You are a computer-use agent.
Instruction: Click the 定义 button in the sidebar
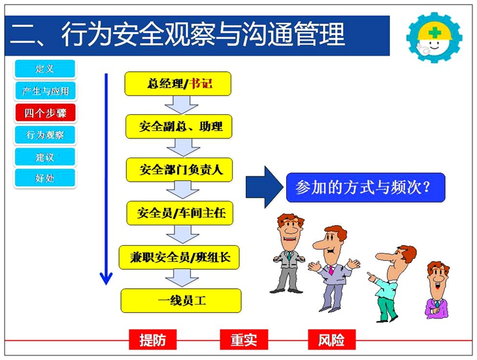pyautogui.click(x=44, y=69)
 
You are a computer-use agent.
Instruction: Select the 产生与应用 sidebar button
pyautogui.click(x=44, y=91)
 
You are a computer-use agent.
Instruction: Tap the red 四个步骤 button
pyautogui.click(x=44, y=113)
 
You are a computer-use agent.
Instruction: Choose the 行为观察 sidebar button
pyautogui.click(x=44, y=135)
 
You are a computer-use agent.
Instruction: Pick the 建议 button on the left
pyautogui.click(x=44, y=157)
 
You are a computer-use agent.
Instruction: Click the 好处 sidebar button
pyautogui.click(x=44, y=178)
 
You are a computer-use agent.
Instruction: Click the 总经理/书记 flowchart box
pyautogui.click(x=178, y=84)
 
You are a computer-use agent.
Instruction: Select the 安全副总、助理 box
pyautogui.click(x=179, y=127)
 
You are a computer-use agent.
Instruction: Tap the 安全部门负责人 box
pyautogui.click(x=180, y=170)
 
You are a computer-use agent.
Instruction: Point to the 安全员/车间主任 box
pyautogui.click(x=180, y=213)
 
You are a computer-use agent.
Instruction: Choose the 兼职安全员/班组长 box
pyautogui.click(x=179, y=257)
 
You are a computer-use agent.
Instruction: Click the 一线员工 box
pyautogui.click(x=181, y=301)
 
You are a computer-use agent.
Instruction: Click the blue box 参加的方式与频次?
pyautogui.click(x=366, y=188)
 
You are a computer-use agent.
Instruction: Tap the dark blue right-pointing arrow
pyautogui.click(x=264, y=187)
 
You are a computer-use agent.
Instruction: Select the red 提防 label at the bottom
pyautogui.click(x=153, y=340)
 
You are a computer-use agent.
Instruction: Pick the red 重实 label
pyautogui.click(x=244, y=340)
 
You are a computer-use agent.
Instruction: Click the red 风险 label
pyautogui.click(x=331, y=340)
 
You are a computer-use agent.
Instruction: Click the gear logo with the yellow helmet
pyautogui.click(x=435, y=38)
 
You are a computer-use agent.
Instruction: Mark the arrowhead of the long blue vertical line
pyautogui.click(x=106, y=284)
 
